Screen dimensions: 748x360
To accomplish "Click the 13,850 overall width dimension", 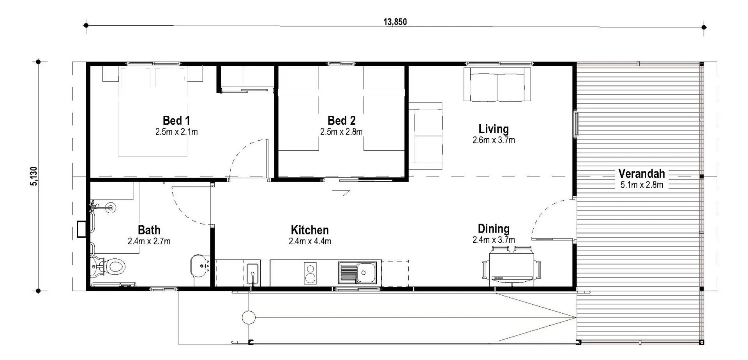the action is click(395, 22).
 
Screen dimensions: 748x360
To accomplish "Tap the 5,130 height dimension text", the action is click(34, 176).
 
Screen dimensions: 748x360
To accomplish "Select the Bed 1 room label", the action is click(176, 120).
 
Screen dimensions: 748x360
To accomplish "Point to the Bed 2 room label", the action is click(341, 120).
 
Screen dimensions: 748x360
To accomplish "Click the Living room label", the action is click(494, 129).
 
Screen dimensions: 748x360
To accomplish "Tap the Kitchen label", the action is click(310, 230).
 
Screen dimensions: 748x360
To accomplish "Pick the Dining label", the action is click(494, 228).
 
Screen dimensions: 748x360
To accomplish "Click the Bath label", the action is click(149, 230).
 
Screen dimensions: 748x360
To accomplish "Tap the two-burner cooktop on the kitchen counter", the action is click(310, 274).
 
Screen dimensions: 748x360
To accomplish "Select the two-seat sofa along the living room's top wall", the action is click(497, 85).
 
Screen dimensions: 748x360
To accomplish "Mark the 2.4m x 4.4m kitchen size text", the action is click(310, 241).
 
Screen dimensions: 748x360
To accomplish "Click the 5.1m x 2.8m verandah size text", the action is click(642, 185).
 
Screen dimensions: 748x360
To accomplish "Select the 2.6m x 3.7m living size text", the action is click(494, 140).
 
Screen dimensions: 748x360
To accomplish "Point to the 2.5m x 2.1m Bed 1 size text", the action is click(176, 132).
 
